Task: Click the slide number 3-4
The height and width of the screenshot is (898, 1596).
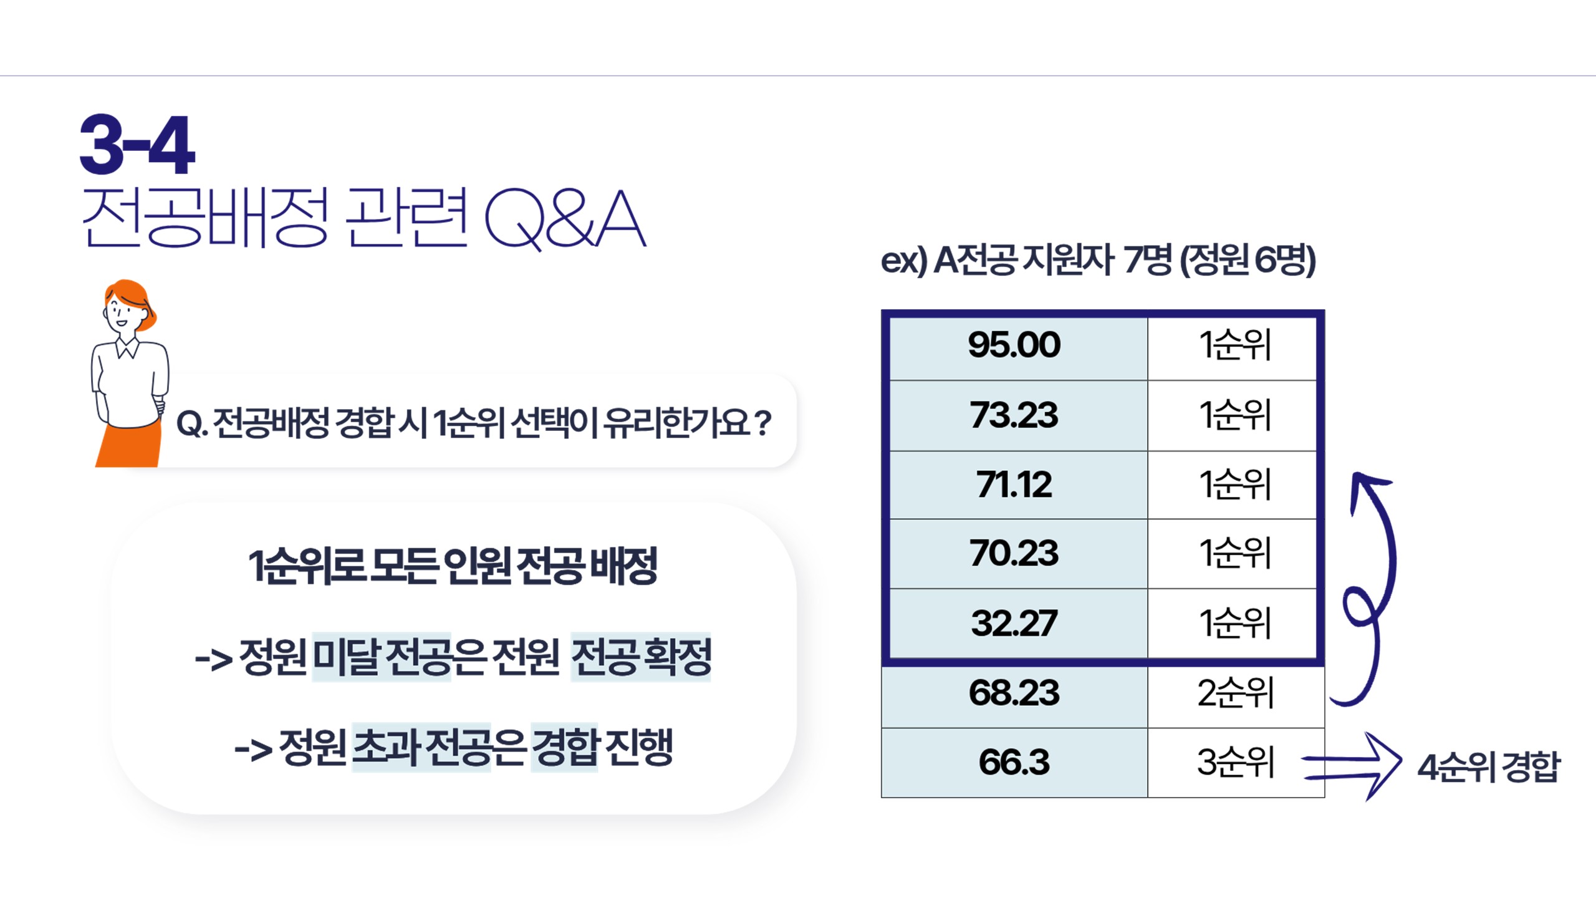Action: tap(137, 144)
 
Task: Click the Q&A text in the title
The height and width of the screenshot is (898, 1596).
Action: tap(565, 219)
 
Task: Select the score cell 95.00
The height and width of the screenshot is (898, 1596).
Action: tap(1014, 345)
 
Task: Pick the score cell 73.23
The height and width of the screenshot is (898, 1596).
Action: tap(1014, 415)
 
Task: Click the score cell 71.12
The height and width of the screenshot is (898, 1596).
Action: tap(1014, 485)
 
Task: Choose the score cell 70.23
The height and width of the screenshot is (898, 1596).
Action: tap(1014, 554)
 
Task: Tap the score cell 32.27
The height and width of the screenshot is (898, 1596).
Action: tap(1014, 623)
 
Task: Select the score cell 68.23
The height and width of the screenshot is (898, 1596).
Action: tap(1014, 693)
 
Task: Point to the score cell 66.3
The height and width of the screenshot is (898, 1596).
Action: tap(1014, 762)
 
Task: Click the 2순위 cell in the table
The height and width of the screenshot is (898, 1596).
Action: tap(1236, 693)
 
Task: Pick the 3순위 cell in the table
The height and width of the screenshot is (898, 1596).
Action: tap(1236, 762)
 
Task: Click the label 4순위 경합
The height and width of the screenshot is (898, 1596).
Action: tap(1488, 767)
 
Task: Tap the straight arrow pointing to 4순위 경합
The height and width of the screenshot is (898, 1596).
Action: tap(1353, 766)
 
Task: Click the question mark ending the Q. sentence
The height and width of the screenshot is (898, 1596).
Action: tap(762, 422)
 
